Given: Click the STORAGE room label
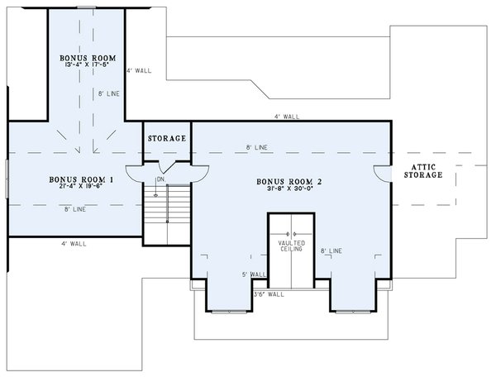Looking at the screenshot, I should (x=167, y=138).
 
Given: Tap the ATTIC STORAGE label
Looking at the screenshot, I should (x=423, y=171).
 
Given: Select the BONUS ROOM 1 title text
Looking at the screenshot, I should (x=75, y=179).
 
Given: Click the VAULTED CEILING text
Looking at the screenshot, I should (x=291, y=246).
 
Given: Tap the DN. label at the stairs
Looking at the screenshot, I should (x=162, y=179).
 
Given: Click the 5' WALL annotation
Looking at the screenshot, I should (x=253, y=274).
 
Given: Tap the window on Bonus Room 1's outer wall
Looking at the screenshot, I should (x=7, y=179).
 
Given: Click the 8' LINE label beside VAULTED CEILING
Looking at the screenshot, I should (x=331, y=249).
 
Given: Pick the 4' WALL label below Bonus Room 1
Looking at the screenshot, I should (x=74, y=244).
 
